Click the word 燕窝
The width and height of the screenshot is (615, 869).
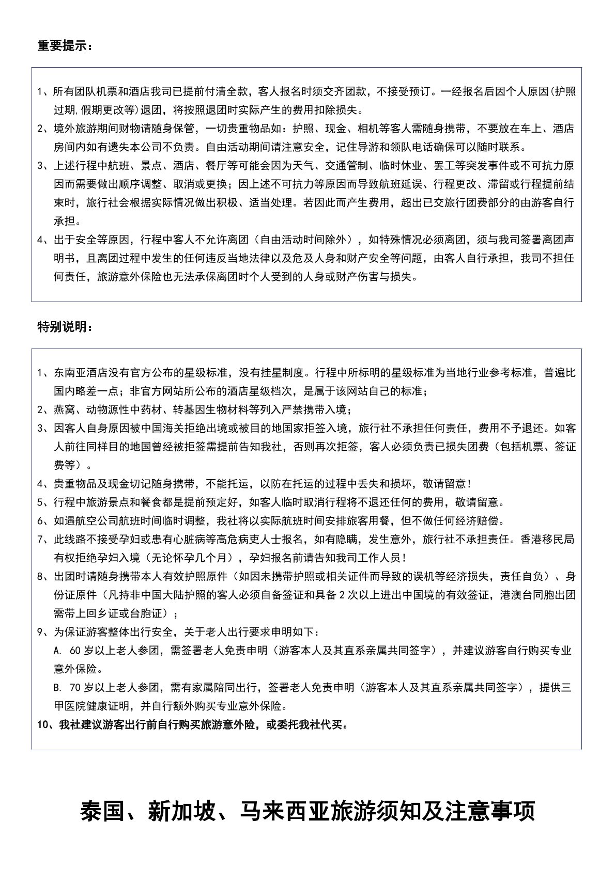coord(64,410)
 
